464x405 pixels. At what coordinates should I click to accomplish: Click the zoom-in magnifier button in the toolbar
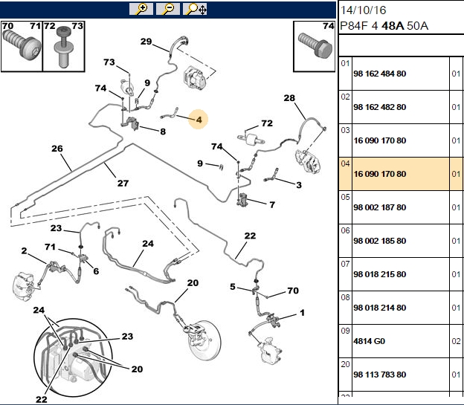pyautogui.click(x=141, y=9)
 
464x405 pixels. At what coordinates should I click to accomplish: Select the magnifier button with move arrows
pyautogui.click(x=195, y=9)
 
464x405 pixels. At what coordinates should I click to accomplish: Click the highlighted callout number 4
pyautogui.click(x=199, y=120)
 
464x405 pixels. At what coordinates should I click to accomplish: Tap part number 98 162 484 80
pyautogui.click(x=380, y=74)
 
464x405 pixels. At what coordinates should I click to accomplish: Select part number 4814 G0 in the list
pyautogui.click(x=369, y=341)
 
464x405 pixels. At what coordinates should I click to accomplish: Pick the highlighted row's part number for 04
pyautogui.click(x=380, y=174)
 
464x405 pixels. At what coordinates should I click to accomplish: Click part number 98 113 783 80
pyautogui.click(x=380, y=375)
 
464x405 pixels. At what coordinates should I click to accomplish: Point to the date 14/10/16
pyautogui.click(x=363, y=10)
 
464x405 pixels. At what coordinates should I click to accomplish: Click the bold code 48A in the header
pyautogui.click(x=393, y=26)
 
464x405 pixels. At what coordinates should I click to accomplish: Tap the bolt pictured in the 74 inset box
pyautogui.click(x=315, y=45)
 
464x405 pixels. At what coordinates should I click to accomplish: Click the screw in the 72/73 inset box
pyautogui.click(x=64, y=47)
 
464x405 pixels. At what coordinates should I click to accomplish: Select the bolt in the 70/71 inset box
pyautogui.click(x=22, y=45)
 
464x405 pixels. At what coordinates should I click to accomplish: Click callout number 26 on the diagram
pyautogui.click(x=57, y=149)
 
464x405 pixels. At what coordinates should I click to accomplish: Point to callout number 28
pyautogui.click(x=289, y=98)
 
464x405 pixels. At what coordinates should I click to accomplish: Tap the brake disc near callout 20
pyautogui.click(x=204, y=340)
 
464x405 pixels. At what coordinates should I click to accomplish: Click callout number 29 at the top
pyautogui.click(x=146, y=42)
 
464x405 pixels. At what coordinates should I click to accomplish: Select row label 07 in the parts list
pyautogui.click(x=345, y=264)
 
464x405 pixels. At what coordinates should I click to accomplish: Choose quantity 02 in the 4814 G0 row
pyautogui.click(x=456, y=341)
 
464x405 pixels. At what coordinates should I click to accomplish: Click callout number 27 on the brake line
pyautogui.click(x=123, y=183)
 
